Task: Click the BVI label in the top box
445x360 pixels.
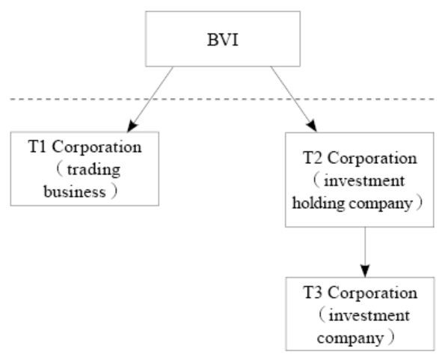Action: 223,40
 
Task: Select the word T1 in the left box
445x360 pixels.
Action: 37,147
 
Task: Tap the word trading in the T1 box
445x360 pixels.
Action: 93,171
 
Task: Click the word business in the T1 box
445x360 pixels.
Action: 75,192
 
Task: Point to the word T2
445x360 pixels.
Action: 313,158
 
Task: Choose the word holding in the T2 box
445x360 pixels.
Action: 319,204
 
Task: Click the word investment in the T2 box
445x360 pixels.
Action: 364,181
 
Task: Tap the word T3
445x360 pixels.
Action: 313,293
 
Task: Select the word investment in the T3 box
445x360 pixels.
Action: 369,315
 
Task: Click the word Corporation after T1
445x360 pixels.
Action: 96,147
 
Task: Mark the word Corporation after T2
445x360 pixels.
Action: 372,159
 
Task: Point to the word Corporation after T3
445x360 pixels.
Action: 372,293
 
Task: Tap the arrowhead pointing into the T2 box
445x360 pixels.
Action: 313,126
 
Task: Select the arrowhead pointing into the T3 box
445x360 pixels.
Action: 365,271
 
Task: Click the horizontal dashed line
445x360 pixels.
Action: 222,99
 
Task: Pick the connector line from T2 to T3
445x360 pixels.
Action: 365,252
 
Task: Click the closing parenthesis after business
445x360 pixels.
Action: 114,191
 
